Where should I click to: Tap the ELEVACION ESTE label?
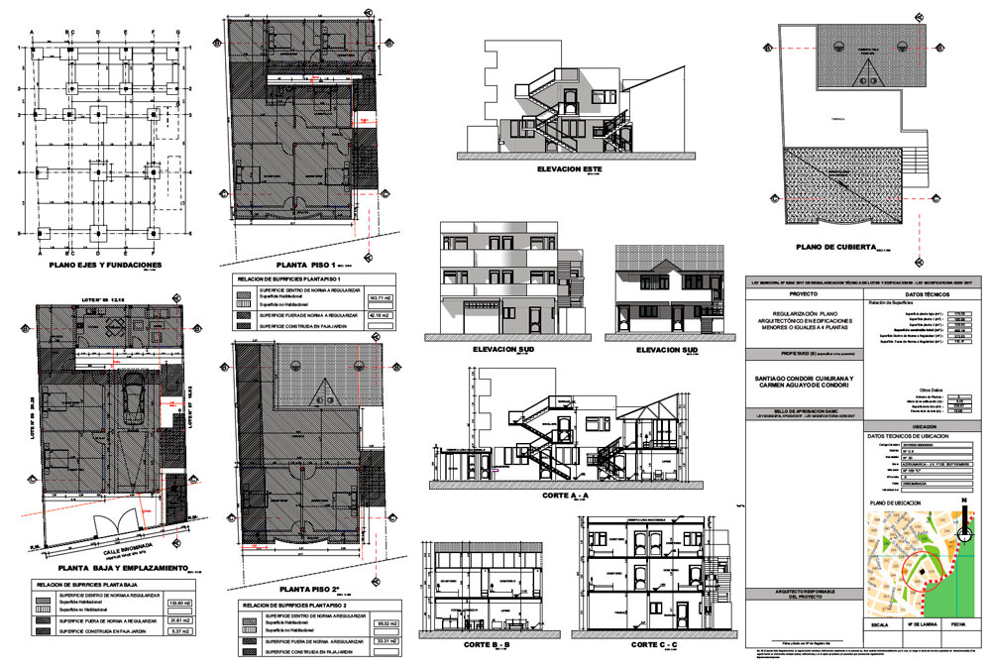pyautogui.click(x=570, y=168)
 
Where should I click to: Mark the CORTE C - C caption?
pyautogui.click(x=654, y=645)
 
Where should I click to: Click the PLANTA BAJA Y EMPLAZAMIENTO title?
pyautogui.click(x=109, y=568)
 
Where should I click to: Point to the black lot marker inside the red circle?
pyautogui.click(x=924, y=572)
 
